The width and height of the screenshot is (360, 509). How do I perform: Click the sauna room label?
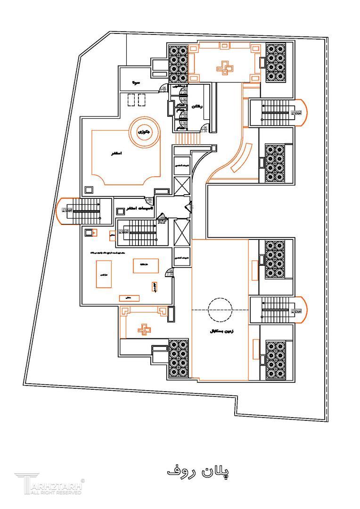coord(135,83)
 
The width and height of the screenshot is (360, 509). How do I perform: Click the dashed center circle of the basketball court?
coord(220,309)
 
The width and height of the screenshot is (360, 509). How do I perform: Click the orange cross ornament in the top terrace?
coord(224,68)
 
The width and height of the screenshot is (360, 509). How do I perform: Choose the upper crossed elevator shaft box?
coord(181,185)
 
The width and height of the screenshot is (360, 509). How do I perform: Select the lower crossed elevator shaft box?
coord(181,230)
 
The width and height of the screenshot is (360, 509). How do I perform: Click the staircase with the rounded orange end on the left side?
coord(80,210)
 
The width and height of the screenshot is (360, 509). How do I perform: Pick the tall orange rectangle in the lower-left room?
coord(104,274)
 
